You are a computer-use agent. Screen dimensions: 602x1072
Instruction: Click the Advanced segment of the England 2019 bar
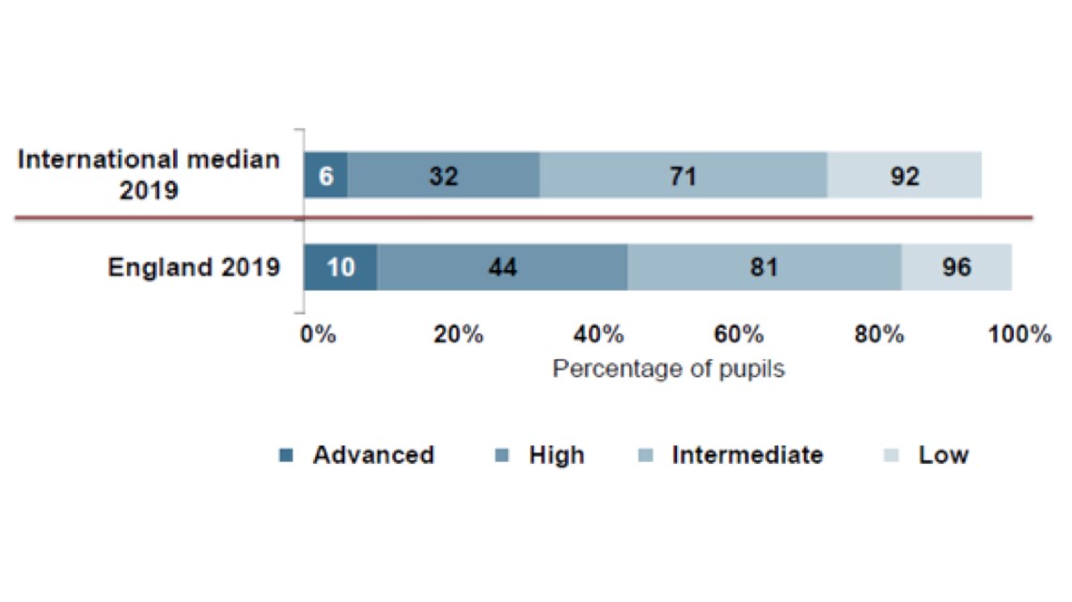coord(340,267)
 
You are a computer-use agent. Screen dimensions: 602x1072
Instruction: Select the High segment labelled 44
coord(502,267)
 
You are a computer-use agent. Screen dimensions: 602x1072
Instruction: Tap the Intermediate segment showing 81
coord(765,267)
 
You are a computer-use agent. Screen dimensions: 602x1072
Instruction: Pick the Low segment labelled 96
coord(956,267)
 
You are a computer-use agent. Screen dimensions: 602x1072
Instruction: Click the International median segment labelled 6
coord(325,176)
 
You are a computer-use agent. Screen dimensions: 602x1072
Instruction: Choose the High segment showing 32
coord(444,176)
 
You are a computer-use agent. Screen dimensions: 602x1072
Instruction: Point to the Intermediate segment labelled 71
coord(683,176)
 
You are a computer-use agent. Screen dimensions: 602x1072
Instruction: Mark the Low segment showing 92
coord(904,176)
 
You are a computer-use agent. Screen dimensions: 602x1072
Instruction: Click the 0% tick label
coord(318,334)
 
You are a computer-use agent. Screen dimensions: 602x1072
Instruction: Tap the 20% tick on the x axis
coord(458,334)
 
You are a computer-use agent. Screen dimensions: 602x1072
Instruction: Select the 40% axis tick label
coord(599,334)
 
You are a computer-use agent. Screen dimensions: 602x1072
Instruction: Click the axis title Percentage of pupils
coord(669,369)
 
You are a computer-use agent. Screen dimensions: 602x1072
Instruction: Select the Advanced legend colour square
coord(287,456)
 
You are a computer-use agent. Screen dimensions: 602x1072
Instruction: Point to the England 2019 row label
coord(194,267)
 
